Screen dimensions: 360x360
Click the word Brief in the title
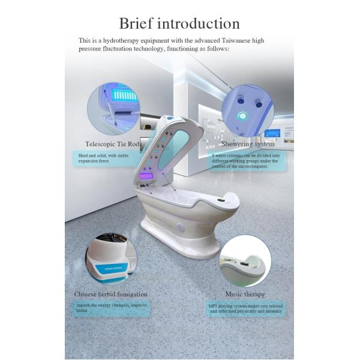click(138, 23)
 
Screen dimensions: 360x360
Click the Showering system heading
click(248, 144)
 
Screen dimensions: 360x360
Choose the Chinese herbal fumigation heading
click(110, 294)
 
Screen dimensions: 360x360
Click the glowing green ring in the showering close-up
click(242, 115)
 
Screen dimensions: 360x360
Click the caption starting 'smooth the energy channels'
click(109, 308)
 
